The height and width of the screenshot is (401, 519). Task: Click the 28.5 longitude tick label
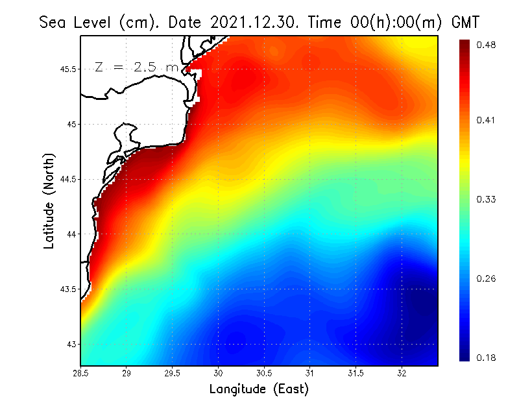[81, 373]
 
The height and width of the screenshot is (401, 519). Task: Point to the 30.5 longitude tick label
[264, 373]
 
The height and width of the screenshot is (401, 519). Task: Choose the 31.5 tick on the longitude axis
[356, 373]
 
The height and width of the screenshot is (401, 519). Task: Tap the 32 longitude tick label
[402, 373]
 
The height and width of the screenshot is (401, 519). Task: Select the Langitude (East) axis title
[259, 389]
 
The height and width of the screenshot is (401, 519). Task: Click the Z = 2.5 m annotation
[136, 67]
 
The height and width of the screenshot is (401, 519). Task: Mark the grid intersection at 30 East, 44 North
[219, 234]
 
